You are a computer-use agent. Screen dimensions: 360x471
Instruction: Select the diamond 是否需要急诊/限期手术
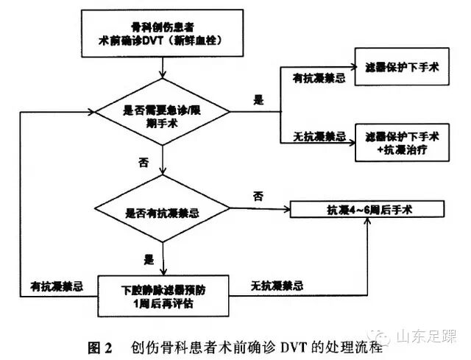point(161,113)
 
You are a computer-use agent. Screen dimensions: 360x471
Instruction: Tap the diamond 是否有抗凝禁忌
point(161,212)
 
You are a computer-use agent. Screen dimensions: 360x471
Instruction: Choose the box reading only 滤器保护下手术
point(402,67)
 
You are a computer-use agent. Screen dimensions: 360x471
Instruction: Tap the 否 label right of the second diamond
point(258,196)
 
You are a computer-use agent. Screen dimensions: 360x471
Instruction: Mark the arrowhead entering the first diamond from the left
point(94,113)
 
